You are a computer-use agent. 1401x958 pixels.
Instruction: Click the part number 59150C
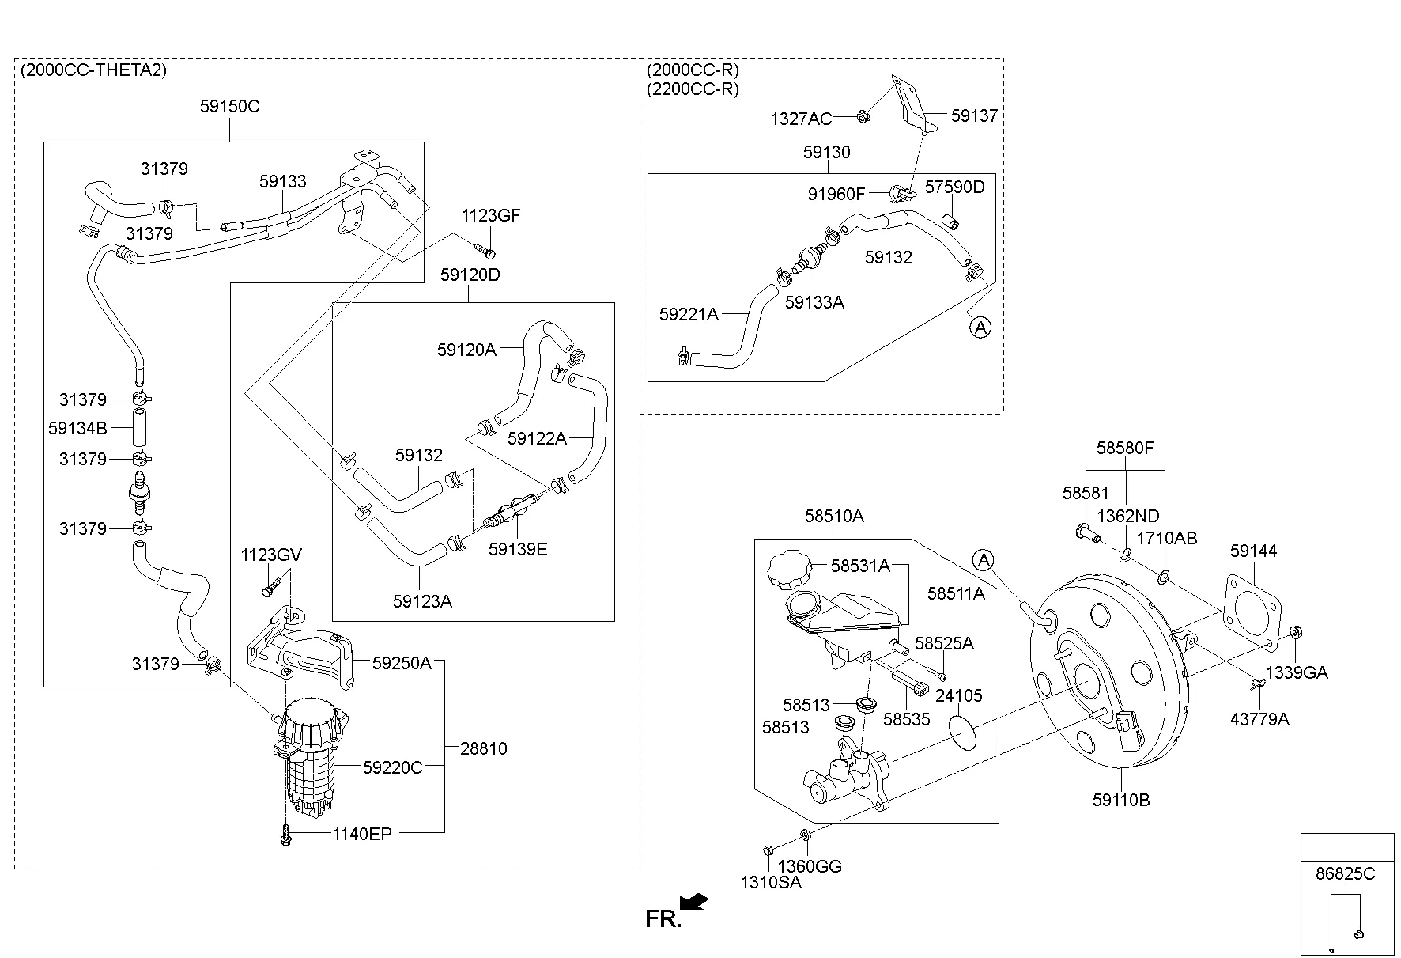[x=229, y=106]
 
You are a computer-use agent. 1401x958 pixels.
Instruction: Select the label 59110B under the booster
[x=1121, y=800]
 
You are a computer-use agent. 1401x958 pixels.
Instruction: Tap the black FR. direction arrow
[x=695, y=902]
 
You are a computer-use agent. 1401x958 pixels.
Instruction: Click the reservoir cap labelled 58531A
[x=787, y=570]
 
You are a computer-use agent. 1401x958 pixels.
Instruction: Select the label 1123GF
[x=491, y=215]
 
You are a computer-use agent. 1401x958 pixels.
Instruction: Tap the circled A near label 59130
[x=980, y=326]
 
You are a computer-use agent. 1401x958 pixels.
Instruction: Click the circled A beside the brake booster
[x=983, y=560]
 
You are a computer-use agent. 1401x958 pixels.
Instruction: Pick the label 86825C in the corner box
[x=1345, y=874]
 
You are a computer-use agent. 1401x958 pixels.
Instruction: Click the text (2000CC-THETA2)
[x=93, y=70]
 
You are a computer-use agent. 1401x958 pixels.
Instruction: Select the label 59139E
[x=517, y=549]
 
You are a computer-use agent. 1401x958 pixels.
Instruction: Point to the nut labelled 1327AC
[x=863, y=116]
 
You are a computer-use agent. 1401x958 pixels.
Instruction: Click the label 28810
[x=484, y=748]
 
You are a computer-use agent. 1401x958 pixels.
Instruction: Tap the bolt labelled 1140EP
[x=285, y=834]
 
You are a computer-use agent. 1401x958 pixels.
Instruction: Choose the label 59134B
[x=77, y=428]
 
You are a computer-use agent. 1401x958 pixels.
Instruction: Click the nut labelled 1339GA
[x=1295, y=631]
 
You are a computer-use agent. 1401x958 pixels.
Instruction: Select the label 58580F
[x=1124, y=449]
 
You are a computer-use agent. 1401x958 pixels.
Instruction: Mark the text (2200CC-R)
[x=692, y=89]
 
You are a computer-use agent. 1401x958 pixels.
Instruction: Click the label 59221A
[x=688, y=314]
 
